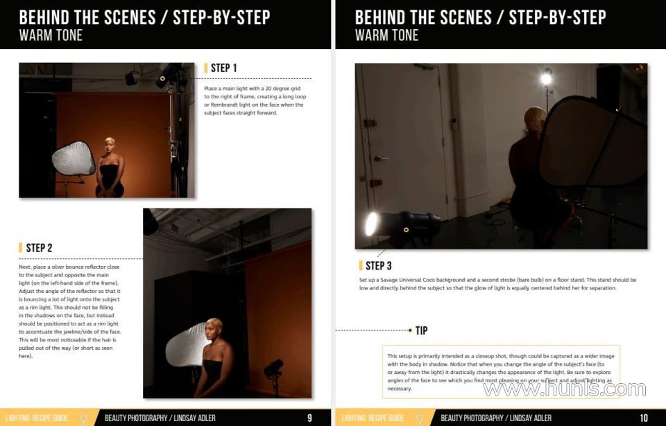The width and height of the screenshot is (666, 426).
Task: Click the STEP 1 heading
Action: click(224, 68)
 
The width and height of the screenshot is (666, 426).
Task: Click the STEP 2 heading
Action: click(39, 248)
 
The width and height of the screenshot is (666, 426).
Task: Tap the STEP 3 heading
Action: click(379, 265)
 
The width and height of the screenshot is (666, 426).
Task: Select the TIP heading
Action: click(421, 330)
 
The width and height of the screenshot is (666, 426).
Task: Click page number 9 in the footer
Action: click(309, 418)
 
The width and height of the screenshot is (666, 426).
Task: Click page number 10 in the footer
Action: click(644, 418)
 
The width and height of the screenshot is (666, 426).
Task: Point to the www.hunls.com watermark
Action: click(564, 389)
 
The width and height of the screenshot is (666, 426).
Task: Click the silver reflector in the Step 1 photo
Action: click(74, 159)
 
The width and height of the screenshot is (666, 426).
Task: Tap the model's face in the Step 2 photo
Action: click(212, 330)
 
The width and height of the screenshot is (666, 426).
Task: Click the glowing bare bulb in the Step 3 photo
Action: click(546, 78)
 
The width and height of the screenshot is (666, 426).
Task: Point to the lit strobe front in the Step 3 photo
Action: click(372, 224)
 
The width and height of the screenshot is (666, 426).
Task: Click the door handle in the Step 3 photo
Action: click(380, 159)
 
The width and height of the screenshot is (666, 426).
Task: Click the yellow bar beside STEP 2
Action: click(20, 248)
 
